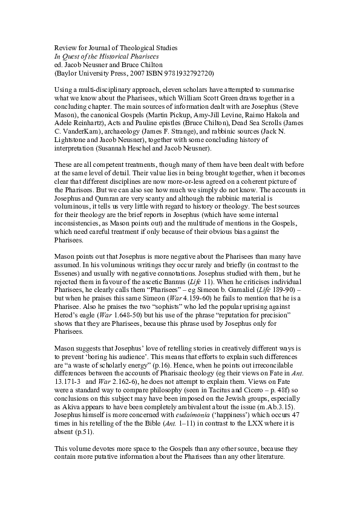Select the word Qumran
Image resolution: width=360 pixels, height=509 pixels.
(99, 197)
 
